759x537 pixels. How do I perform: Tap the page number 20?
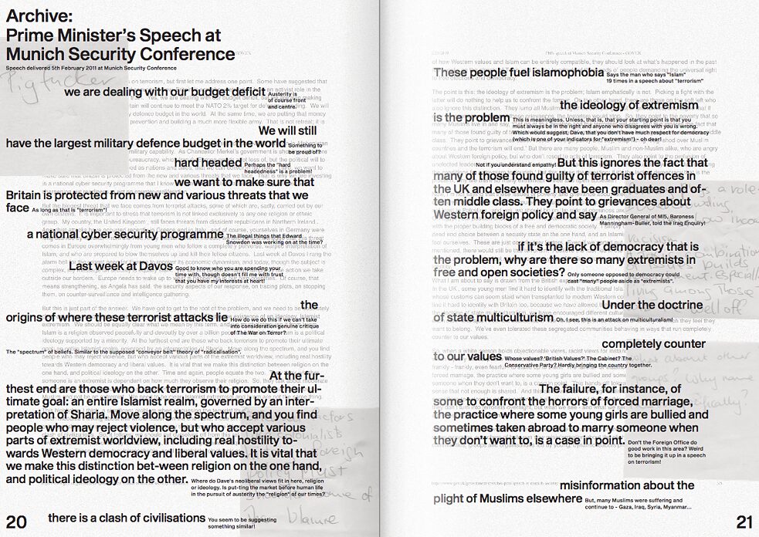(x=16, y=522)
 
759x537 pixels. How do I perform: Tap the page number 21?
(x=744, y=522)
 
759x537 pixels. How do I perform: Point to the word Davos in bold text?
(x=140, y=266)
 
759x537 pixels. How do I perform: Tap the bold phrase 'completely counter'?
(x=652, y=343)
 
